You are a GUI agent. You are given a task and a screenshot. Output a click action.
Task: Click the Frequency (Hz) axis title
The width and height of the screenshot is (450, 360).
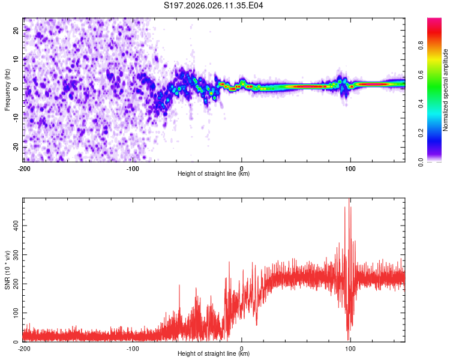(8, 89)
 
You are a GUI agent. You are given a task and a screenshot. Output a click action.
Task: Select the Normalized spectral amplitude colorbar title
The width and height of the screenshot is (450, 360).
(445, 90)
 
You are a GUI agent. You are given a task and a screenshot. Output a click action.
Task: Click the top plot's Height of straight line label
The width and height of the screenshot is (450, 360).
(214, 173)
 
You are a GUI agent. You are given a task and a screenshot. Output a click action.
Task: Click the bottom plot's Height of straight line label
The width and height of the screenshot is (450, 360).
(214, 354)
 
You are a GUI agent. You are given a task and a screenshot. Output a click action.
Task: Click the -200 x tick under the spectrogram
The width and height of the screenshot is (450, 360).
(25, 167)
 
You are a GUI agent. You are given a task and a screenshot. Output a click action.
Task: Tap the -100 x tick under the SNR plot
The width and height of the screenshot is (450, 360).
(133, 348)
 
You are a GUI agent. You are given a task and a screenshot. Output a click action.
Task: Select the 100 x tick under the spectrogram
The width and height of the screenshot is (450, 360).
(350, 167)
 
